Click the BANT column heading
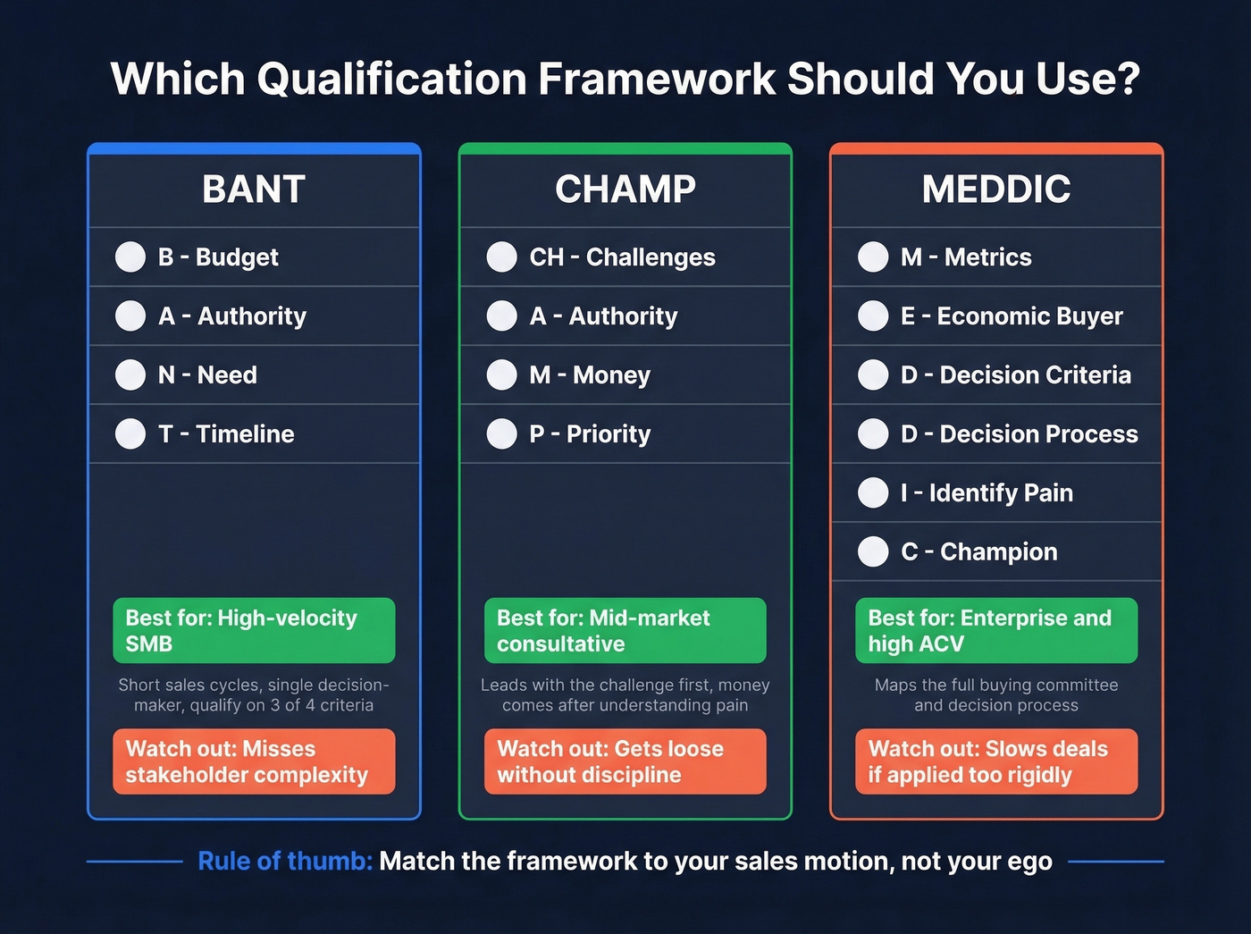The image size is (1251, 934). coord(254,189)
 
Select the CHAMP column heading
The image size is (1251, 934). coord(625,189)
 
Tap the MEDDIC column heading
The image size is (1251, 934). coord(996,189)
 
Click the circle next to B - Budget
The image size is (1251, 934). coord(130,257)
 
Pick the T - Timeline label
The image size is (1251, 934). coord(226,434)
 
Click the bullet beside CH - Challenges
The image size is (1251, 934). coord(501,257)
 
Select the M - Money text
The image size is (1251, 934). coord(590,375)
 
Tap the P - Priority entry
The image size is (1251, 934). coord(590,434)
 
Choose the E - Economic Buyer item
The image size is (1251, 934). coord(1012,316)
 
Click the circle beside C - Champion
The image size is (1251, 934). coord(873,552)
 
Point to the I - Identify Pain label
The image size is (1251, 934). coord(987,493)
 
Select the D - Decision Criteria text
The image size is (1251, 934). coord(1015,375)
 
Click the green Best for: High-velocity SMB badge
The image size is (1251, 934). coord(254,630)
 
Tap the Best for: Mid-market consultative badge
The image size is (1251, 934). coord(625,630)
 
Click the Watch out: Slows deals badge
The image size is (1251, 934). coord(996,762)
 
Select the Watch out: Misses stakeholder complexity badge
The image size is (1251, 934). coord(254,762)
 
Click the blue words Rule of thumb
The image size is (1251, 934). coord(284,862)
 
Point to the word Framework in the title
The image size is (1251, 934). coord(657,79)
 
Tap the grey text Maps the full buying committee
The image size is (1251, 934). coord(996,686)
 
